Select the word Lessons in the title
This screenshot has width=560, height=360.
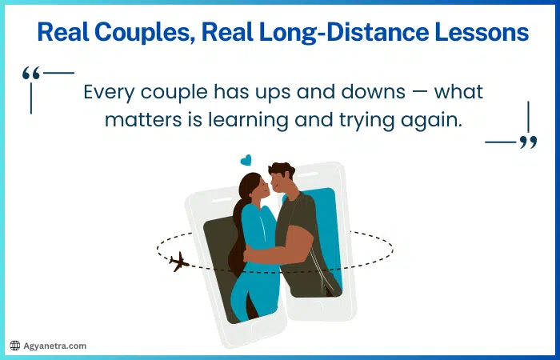click(x=482, y=33)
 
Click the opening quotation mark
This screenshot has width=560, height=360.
click(x=31, y=74)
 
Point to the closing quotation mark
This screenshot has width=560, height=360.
click(x=528, y=142)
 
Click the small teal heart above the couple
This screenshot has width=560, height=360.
click(x=246, y=160)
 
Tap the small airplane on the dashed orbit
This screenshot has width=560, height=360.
click(x=179, y=262)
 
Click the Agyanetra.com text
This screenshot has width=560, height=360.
click(x=55, y=346)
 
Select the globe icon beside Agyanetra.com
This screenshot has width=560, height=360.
click(x=14, y=346)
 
